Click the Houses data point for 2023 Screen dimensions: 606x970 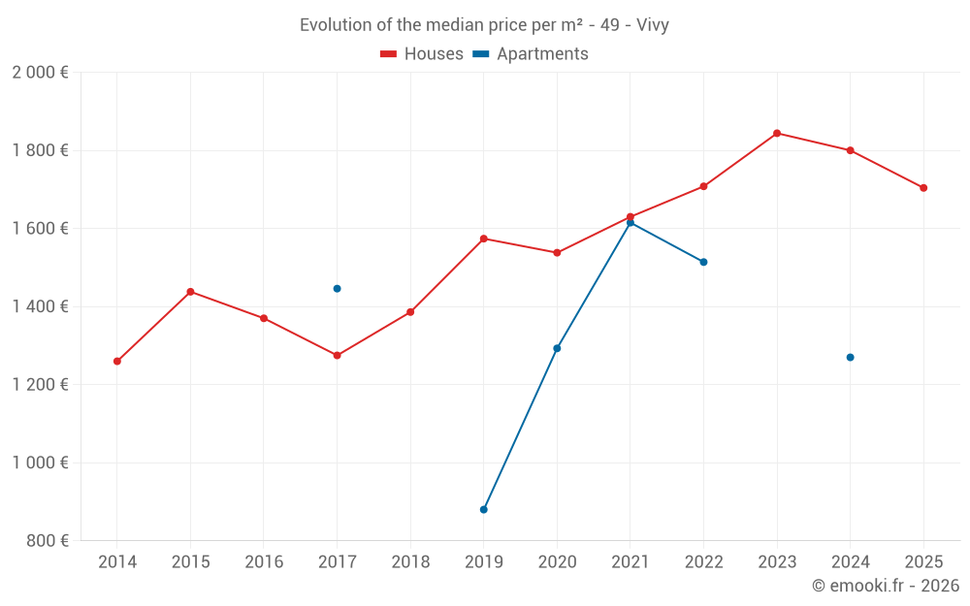(x=777, y=133)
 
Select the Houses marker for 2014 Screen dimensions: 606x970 (x=117, y=362)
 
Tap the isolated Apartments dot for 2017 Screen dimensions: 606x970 (x=337, y=288)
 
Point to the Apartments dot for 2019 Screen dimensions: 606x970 (x=483, y=509)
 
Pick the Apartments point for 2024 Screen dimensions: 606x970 (x=850, y=358)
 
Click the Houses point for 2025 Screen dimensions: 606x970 (x=923, y=188)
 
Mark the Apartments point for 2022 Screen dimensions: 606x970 (x=703, y=262)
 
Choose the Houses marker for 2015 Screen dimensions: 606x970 (x=190, y=292)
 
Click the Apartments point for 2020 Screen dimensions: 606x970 (x=557, y=348)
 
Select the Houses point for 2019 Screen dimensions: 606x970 (x=483, y=239)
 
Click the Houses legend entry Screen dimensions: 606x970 (x=422, y=54)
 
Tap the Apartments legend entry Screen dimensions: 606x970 (x=531, y=54)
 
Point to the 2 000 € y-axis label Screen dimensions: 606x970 (x=40, y=73)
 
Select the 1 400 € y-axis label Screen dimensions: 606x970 (x=40, y=306)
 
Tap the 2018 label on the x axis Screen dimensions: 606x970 (x=410, y=562)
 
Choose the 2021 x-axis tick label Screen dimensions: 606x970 (x=630, y=562)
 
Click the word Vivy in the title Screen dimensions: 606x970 (x=652, y=25)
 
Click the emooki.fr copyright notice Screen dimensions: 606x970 (x=885, y=586)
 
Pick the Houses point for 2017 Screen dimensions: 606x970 (x=337, y=356)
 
